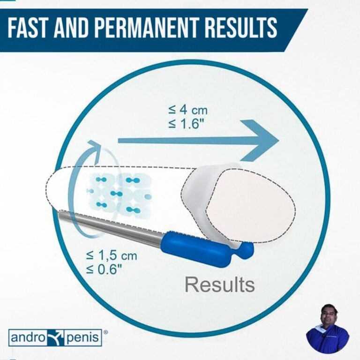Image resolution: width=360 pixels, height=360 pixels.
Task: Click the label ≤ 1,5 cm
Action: coord(111,256)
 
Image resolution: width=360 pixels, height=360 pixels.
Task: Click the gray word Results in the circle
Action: coord(219,284)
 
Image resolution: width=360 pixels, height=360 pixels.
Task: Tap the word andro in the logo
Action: coord(26,337)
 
